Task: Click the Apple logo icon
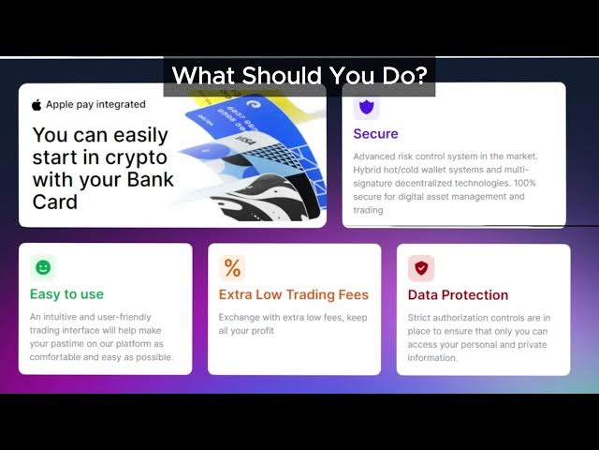point(37,104)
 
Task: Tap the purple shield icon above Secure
point(367,106)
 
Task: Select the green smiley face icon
point(43,267)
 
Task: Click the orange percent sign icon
point(232,267)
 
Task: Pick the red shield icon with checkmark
point(421,268)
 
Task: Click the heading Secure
point(375,133)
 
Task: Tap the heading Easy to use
point(66,293)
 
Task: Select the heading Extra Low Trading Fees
point(293,294)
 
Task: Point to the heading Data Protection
point(458,294)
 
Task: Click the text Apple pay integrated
point(95,104)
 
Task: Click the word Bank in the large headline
point(150,179)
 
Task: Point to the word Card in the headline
point(55,202)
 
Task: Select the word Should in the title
point(281,75)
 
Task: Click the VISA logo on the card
point(244,140)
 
